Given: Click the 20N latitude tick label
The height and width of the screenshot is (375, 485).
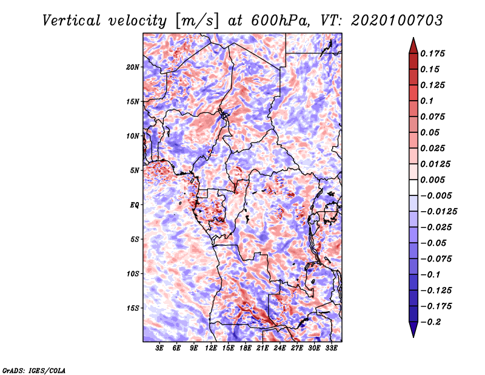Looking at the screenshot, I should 133,67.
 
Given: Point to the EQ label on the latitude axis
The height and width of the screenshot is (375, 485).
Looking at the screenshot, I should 135,204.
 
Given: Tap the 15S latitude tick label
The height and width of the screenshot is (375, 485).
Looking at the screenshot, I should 133,308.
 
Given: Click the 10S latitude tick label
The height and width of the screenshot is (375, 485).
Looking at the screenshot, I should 133,274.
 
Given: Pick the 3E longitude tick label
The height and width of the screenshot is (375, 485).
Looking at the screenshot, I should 160,348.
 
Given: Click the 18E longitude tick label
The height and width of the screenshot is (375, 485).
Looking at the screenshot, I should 246,348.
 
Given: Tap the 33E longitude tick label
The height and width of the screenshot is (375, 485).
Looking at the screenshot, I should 331,348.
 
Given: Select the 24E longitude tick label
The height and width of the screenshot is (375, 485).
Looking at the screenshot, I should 279,348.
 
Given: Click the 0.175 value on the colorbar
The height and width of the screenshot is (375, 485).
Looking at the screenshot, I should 434,53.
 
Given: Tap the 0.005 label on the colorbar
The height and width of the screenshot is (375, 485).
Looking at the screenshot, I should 434,180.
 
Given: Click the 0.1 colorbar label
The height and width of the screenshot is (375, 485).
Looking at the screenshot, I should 427,101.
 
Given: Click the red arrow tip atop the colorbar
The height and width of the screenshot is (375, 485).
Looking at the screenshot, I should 413,42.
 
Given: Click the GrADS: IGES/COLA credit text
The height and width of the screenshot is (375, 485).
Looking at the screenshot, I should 34,370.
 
